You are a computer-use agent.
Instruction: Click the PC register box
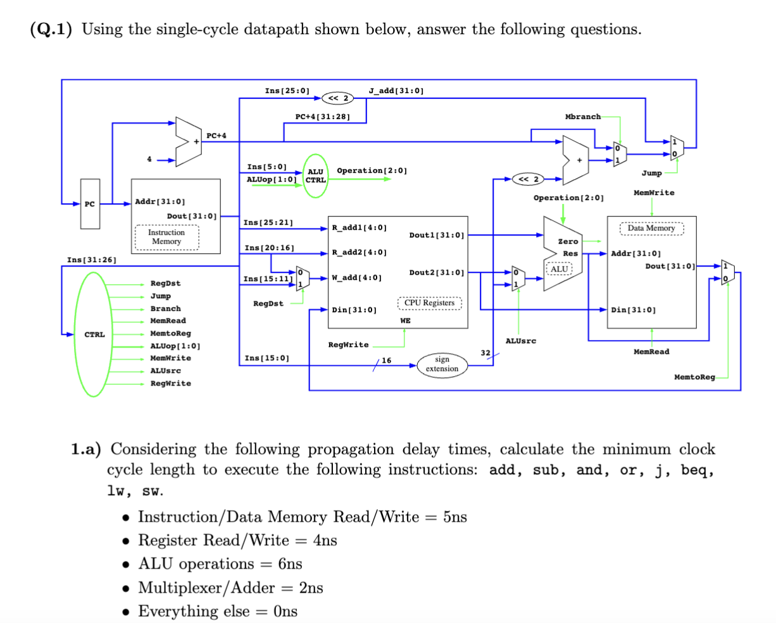(90, 204)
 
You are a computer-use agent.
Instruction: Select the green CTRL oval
(95, 334)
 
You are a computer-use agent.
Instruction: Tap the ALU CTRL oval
(315, 175)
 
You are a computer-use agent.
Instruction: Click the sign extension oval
(442, 364)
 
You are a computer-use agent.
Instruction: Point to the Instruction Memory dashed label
(166, 237)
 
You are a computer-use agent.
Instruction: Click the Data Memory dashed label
(651, 228)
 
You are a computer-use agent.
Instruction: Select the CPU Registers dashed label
(430, 303)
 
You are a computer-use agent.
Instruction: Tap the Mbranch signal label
(582, 116)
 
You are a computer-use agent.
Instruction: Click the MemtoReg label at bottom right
(694, 377)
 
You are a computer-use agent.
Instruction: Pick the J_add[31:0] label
(396, 91)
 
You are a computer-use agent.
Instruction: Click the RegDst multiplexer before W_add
(303, 278)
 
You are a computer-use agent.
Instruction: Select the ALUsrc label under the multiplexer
(520, 341)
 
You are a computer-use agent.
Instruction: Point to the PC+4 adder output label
(216, 135)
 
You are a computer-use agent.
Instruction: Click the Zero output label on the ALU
(567, 241)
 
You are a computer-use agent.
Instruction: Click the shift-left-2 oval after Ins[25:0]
(336, 98)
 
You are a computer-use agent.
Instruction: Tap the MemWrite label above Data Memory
(653, 192)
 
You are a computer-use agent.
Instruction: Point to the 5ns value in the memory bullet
(454, 517)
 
